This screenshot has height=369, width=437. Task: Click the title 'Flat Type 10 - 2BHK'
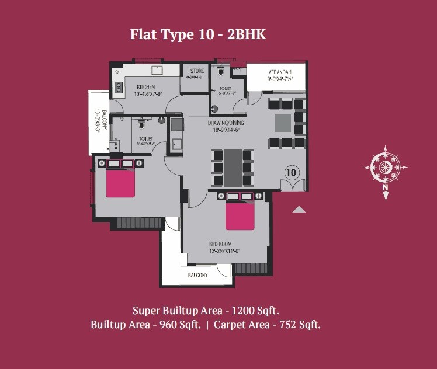(x=197, y=34)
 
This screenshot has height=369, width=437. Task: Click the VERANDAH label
(x=280, y=72)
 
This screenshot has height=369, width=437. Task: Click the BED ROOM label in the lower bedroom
(x=221, y=243)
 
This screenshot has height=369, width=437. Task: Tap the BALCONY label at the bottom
(x=197, y=275)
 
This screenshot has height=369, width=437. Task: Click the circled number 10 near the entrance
(x=292, y=172)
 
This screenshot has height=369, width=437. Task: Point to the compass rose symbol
(x=385, y=168)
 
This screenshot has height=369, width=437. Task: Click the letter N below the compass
(x=385, y=188)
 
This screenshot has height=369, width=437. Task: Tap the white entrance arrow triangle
(x=299, y=210)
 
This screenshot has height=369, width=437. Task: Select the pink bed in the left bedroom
(x=120, y=182)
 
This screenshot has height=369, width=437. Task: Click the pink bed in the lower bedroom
(x=240, y=215)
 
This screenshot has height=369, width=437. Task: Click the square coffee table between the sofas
(x=283, y=123)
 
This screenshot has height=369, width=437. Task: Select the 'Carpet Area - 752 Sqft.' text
(x=266, y=324)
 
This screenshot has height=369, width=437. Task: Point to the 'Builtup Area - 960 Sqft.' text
(x=145, y=324)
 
